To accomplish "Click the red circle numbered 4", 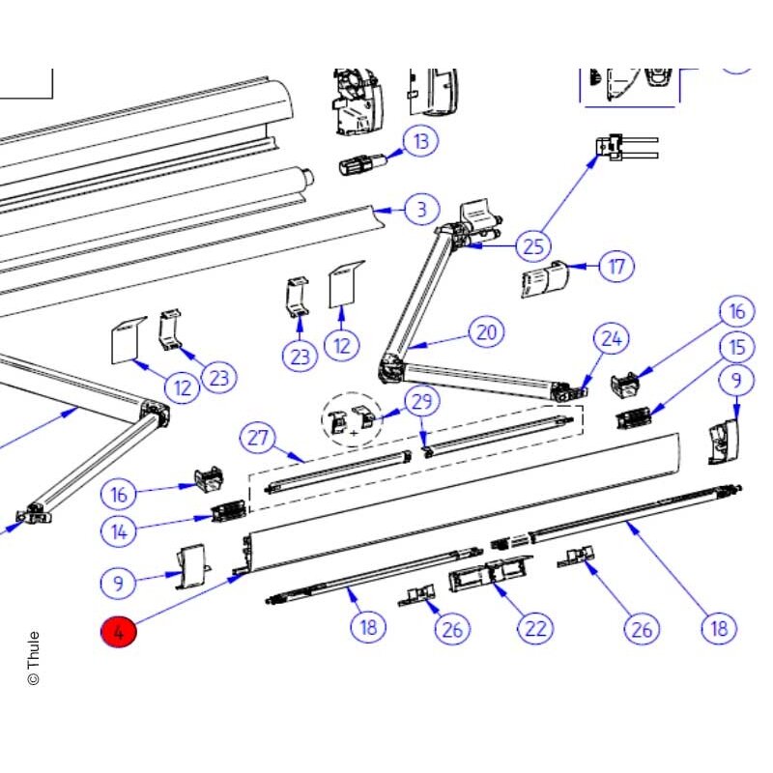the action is coord(118,632).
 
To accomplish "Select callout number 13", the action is coord(420,141).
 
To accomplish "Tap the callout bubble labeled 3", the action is coord(422,210).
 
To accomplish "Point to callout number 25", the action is coord(533,246).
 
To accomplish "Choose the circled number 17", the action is coord(616,267).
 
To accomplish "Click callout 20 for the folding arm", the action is coord(487,332).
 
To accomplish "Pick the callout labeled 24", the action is coord(612,339).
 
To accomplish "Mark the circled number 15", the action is coord(736,348).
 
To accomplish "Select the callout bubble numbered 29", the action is coord(422,402).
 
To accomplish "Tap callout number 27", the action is coord(257,438).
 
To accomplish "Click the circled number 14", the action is coord(118,530).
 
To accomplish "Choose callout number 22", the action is coord(535,628).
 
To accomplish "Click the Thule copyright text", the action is coord(34,658).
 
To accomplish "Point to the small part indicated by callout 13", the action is coord(363,163).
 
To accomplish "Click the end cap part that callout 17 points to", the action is coord(545,279).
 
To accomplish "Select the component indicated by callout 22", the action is coord(491,573).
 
